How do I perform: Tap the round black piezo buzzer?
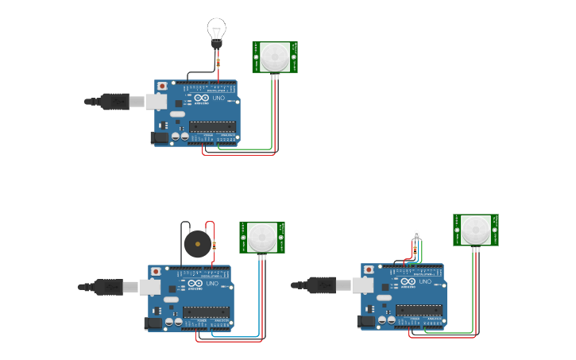click(x=196, y=244)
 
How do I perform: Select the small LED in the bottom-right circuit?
click(x=416, y=235)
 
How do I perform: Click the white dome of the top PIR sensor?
click(x=276, y=56)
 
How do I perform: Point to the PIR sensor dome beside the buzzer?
click(x=262, y=237)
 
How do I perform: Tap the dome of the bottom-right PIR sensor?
click(x=476, y=229)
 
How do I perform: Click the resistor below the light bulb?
click(x=218, y=61)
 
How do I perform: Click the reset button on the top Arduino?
click(x=163, y=86)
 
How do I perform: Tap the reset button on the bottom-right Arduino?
click(x=369, y=270)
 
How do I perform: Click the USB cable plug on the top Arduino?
click(x=116, y=101)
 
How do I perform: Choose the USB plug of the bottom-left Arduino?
click(x=110, y=286)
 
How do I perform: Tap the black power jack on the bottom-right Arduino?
click(x=365, y=322)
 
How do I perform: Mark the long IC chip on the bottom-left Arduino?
click(x=206, y=312)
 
